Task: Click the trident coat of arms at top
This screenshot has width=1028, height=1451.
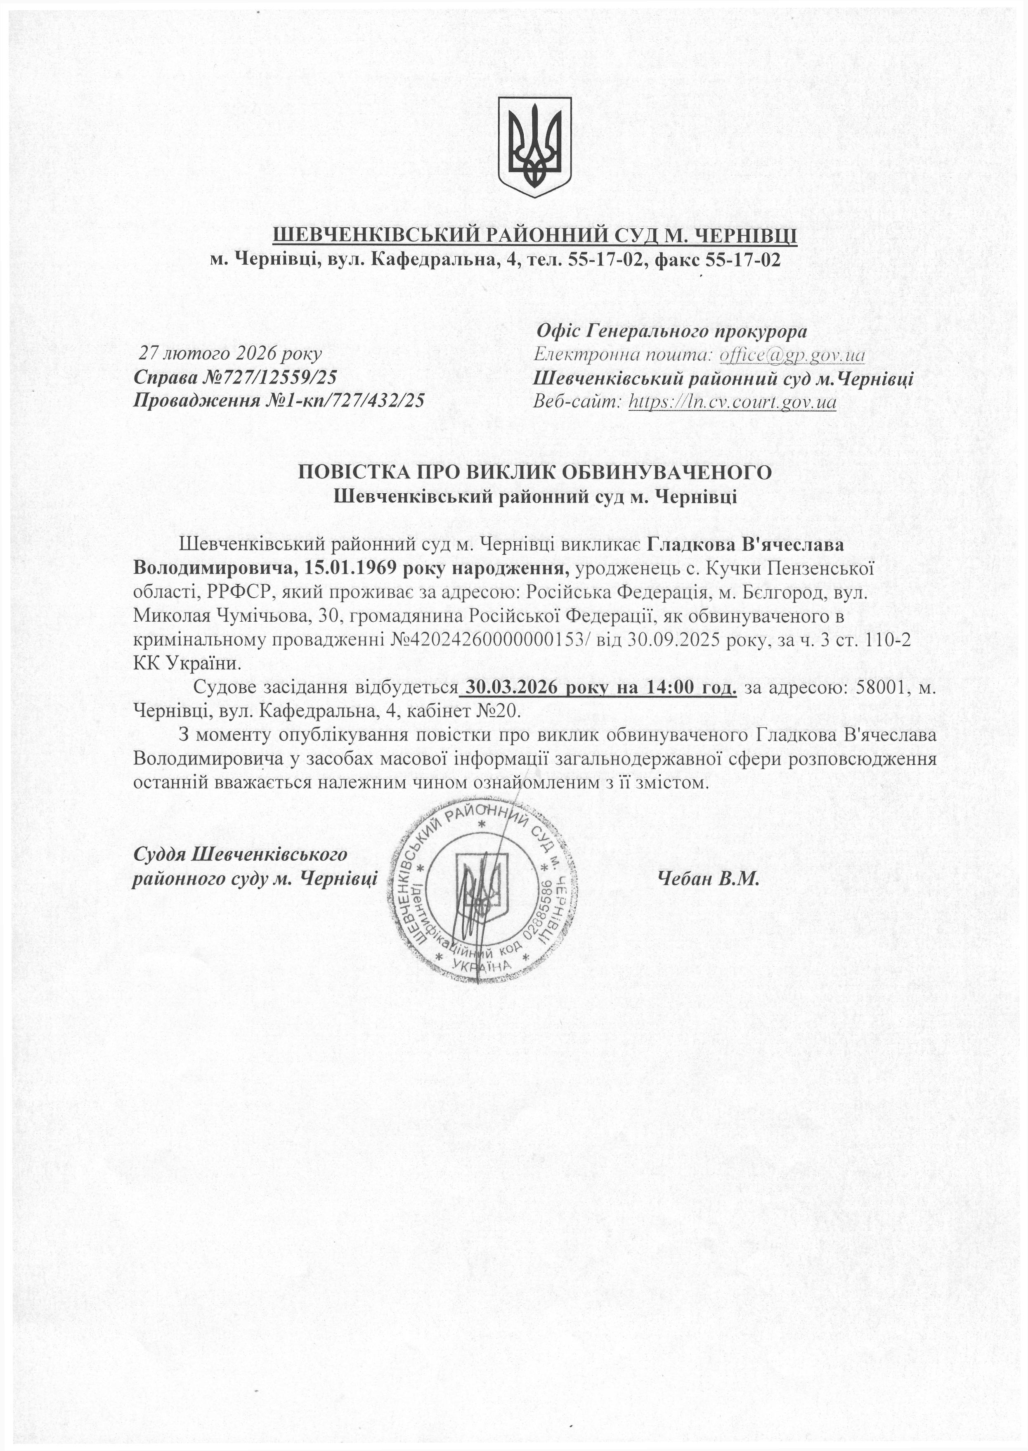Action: (x=534, y=146)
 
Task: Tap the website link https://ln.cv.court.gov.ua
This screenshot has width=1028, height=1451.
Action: (x=733, y=401)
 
